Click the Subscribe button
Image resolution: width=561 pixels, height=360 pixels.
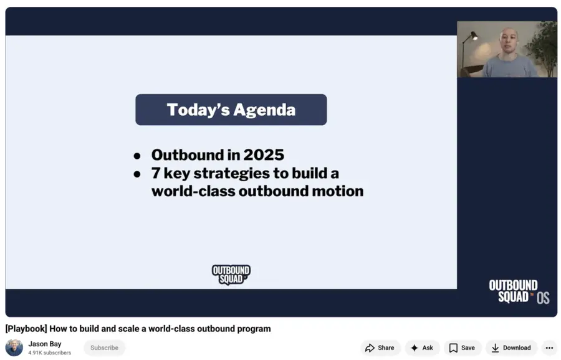[104, 348]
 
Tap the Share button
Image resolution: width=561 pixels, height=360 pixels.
[380, 348]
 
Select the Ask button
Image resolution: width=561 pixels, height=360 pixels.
[422, 348]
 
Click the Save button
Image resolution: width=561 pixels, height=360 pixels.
[462, 348]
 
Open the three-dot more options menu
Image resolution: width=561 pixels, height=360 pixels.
[549, 348]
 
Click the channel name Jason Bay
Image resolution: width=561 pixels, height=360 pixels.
[45, 344]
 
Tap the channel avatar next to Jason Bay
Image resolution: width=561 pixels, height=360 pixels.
[14, 348]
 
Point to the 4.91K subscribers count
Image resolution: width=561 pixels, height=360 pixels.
[49, 353]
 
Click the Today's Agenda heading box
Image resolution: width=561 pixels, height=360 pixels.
[231, 110]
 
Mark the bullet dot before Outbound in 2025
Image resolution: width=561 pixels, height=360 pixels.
[137, 156]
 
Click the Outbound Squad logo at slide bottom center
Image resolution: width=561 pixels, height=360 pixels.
[231, 274]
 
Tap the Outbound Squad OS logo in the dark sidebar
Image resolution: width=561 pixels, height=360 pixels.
[519, 291]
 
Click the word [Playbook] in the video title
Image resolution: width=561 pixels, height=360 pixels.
[26, 328]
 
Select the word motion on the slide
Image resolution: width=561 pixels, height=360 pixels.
[337, 191]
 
